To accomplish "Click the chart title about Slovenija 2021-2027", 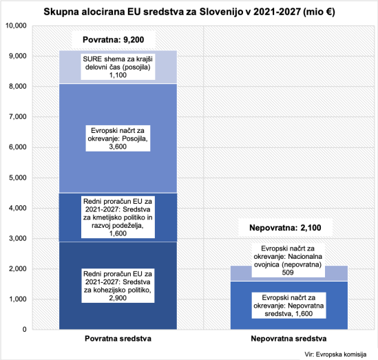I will click(x=189, y=12).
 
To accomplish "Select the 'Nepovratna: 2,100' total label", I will click(x=285, y=228).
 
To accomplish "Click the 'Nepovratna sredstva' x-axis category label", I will click(x=288, y=340).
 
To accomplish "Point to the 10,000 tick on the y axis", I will click(x=15, y=25).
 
